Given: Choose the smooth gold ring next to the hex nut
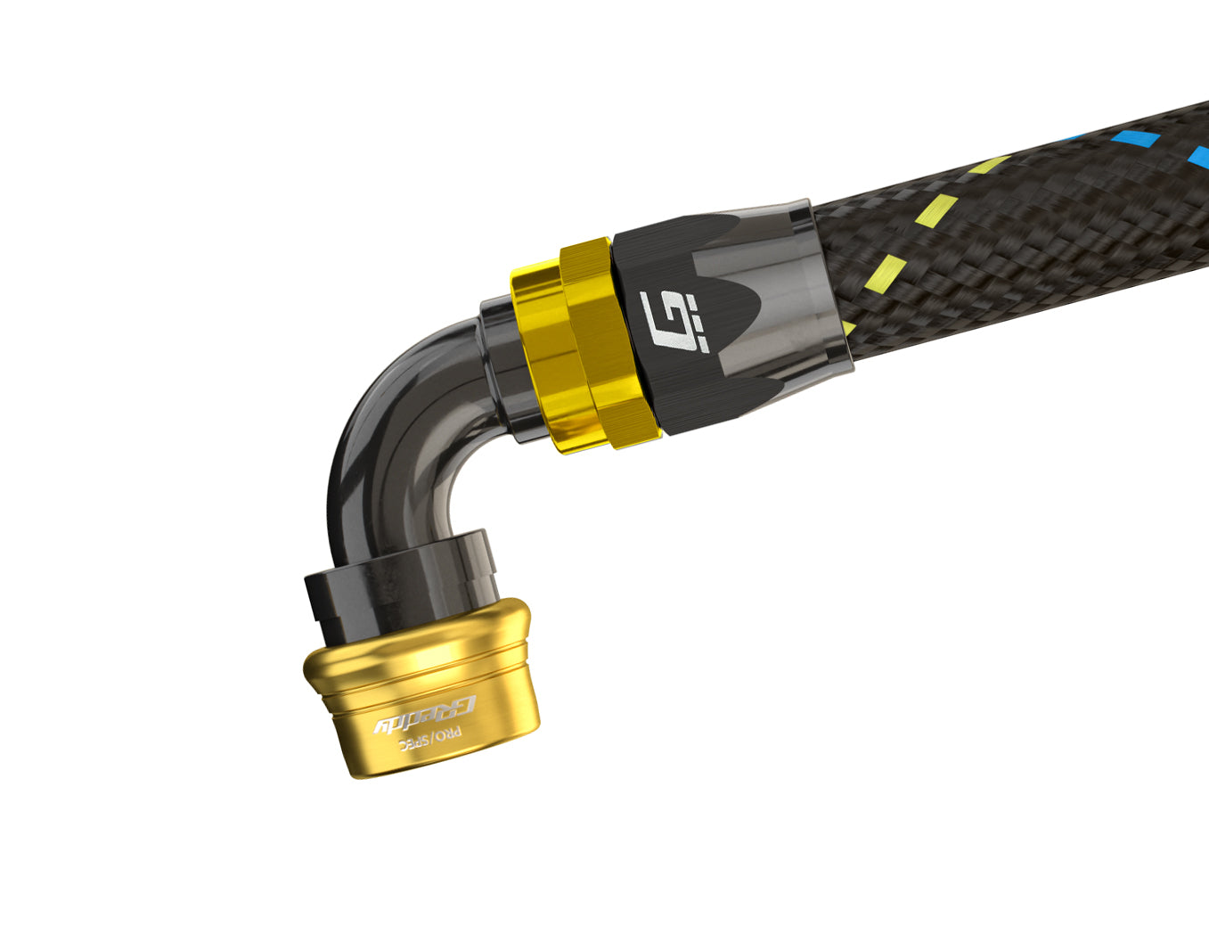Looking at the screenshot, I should point(539,348).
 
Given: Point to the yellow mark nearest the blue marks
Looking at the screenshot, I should point(986,166).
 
